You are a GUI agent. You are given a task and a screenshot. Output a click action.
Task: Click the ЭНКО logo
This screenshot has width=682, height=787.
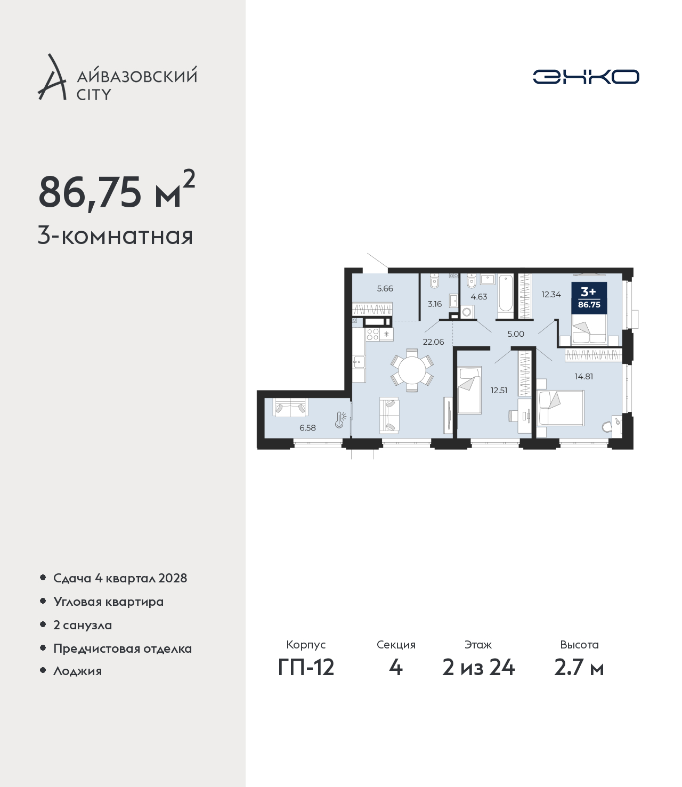click(586, 77)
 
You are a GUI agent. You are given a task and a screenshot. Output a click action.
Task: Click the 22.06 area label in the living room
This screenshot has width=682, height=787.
click(433, 342)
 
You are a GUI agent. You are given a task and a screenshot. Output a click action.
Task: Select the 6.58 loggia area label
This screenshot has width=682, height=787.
click(307, 427)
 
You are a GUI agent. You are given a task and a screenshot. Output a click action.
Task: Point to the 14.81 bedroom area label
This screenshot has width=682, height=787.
click(584, 377)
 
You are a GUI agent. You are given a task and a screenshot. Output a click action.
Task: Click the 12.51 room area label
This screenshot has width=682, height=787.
click(499, 390)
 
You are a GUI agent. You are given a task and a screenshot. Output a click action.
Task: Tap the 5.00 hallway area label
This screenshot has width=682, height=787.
click(516, 334)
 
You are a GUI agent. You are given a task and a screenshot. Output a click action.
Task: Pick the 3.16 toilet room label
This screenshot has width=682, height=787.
click(434, 304)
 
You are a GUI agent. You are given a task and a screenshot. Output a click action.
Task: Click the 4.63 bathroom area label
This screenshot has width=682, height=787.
click(478, 297)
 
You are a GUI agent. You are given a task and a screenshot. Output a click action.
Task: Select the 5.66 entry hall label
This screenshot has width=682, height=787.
click(385, 289)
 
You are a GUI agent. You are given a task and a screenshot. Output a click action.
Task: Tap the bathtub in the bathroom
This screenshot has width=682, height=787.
click(506, 296)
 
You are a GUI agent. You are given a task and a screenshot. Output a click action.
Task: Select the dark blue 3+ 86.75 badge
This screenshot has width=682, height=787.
click(589, 298)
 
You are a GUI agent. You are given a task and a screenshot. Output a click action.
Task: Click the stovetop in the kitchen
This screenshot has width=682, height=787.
click(372, 334)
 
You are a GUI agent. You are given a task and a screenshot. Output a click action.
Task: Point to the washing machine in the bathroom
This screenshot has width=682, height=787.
click(467, 312)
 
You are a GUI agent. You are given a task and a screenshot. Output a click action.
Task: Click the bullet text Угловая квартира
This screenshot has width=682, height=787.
click(109, 602)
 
